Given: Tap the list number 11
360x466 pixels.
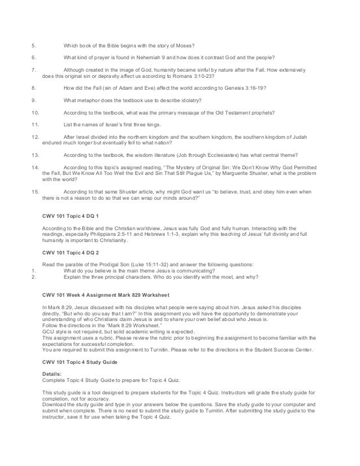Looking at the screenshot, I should click(36, 125).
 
